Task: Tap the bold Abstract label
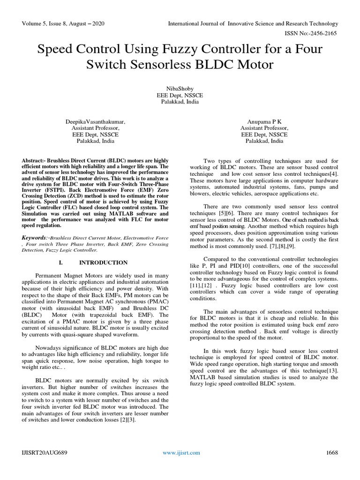(35, 160)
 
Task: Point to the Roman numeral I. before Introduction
(61, 262)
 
